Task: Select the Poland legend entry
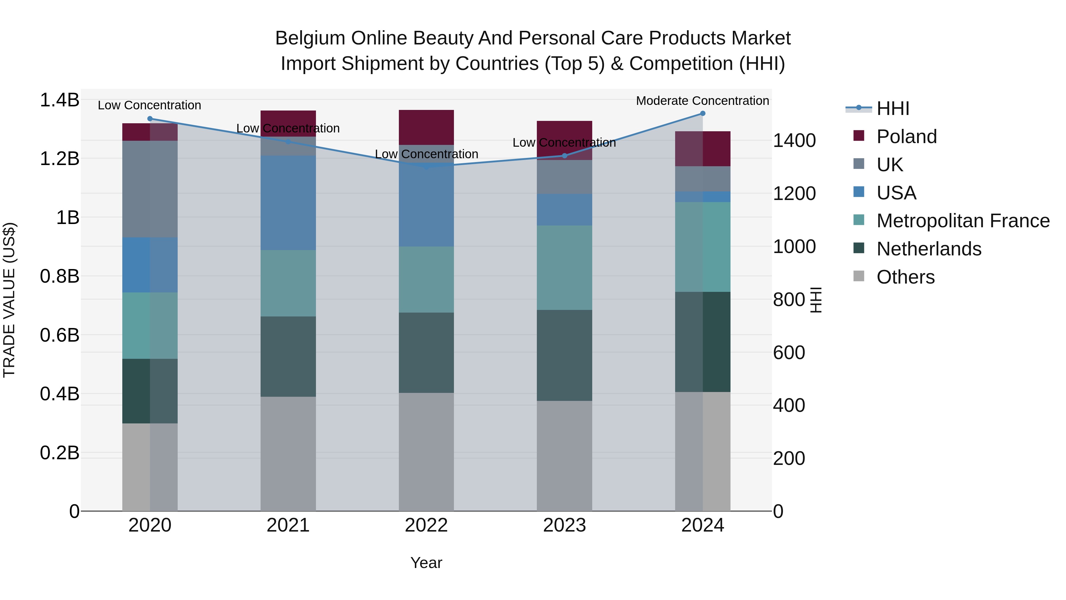[906, 137]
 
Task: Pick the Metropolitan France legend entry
[963, 221]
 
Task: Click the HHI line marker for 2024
[703, 113]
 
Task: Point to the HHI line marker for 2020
[150, 119]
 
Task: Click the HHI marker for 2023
[564, 156]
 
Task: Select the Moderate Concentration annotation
[702, 101]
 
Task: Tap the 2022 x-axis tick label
[426, 525]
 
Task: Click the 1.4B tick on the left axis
[60, 100]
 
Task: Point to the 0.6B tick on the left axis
[60, 335]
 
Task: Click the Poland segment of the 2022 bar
[426, 127]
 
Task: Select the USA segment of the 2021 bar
[288, 203]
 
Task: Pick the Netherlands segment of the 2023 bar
[564, 355]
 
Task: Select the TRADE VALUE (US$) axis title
[9, 300]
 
